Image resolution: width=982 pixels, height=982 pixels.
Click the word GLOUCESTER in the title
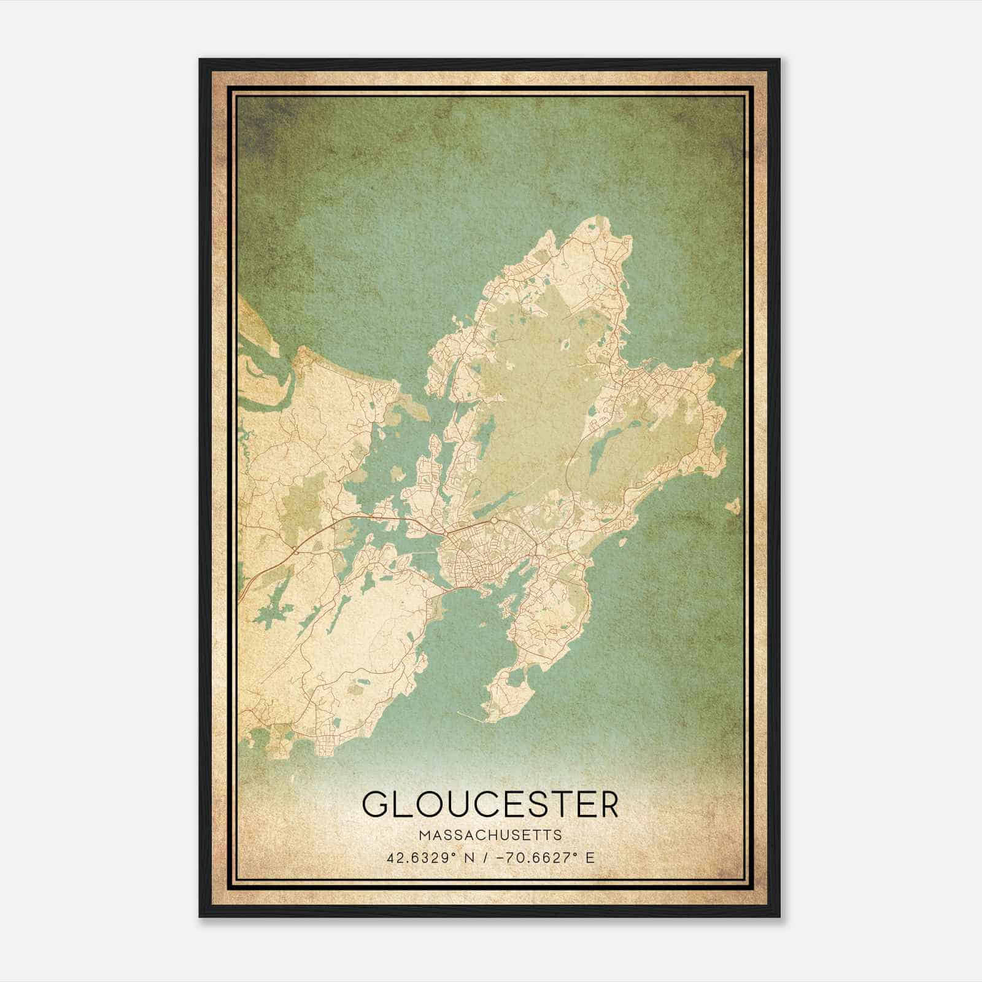(490, 804)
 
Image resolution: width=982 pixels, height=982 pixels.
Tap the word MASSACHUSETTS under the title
(490, 835)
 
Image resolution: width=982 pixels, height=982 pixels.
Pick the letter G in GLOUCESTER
(376, 804)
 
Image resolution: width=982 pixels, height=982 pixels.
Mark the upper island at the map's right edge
(732, 361)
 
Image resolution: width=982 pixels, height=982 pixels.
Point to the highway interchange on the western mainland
(295, 549)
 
